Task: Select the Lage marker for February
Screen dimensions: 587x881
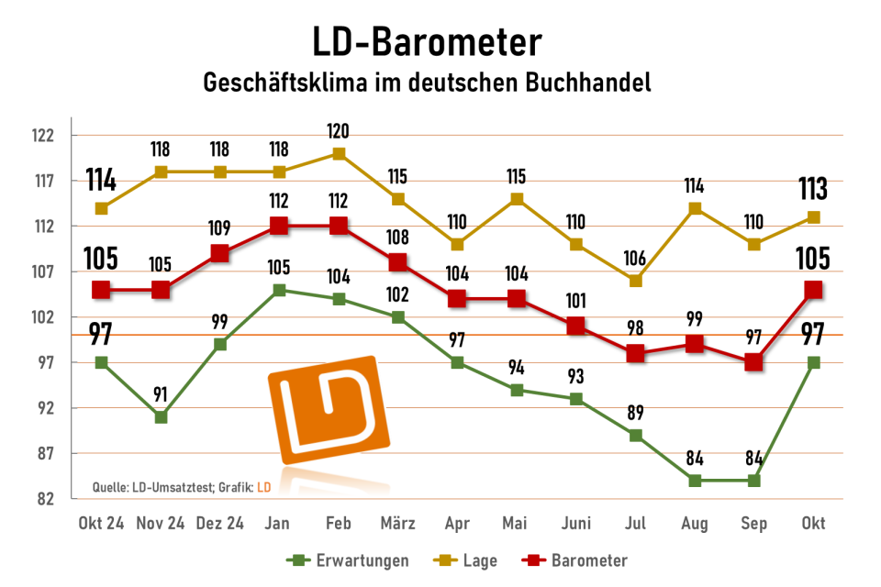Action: (339, 153)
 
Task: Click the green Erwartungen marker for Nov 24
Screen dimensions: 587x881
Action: (161, 417)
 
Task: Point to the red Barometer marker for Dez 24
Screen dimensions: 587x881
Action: (220, 253)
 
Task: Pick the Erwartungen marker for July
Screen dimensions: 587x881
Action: (635, 436)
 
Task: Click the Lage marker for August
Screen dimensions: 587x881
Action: (695, 208)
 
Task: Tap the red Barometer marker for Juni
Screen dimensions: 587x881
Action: (576, 326)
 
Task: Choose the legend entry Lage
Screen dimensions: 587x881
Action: (473, 559)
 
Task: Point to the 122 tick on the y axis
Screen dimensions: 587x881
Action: (43, 136)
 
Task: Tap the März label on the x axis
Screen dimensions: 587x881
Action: (397, 524)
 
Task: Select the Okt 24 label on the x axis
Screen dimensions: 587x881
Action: (101, 524)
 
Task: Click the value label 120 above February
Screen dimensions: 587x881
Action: (339, 131)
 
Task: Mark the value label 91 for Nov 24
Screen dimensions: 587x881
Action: (161, 395)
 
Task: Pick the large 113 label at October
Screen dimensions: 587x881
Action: (812, 189)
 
